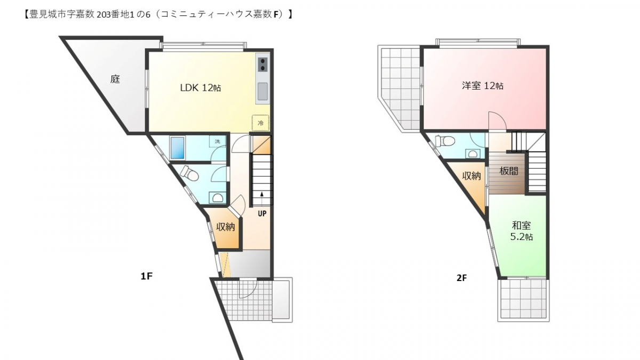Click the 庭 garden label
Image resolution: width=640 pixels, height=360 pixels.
tap(115, 79)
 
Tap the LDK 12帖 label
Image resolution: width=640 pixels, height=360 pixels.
tap(201, 87)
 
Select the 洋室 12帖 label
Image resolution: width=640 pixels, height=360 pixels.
tap(483, 86)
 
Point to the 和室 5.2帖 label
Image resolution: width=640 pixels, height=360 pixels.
tap(522, 231)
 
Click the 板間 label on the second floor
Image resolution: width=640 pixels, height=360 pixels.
tap(509, 171)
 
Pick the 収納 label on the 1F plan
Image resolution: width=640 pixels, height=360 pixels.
tap(226, 227)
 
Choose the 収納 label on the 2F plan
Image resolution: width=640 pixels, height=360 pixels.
tap(471, 176)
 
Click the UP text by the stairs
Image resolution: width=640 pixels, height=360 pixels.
tap(262, 213)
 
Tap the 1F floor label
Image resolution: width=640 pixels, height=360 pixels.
tap(146, 276)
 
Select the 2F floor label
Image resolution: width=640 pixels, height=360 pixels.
tap(462, 278)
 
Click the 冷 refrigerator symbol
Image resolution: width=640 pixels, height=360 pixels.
tap(260, 123)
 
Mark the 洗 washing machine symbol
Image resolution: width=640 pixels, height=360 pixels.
tap(218, 141)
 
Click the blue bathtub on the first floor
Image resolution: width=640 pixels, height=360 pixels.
tap(178, 147)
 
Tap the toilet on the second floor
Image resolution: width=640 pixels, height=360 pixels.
tap(445, 141)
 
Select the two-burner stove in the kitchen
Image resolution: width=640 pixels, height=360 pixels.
tap(262, 65)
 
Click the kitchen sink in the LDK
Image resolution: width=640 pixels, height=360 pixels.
tap(262, 91)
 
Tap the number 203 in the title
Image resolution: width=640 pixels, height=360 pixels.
tap(103, 15)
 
